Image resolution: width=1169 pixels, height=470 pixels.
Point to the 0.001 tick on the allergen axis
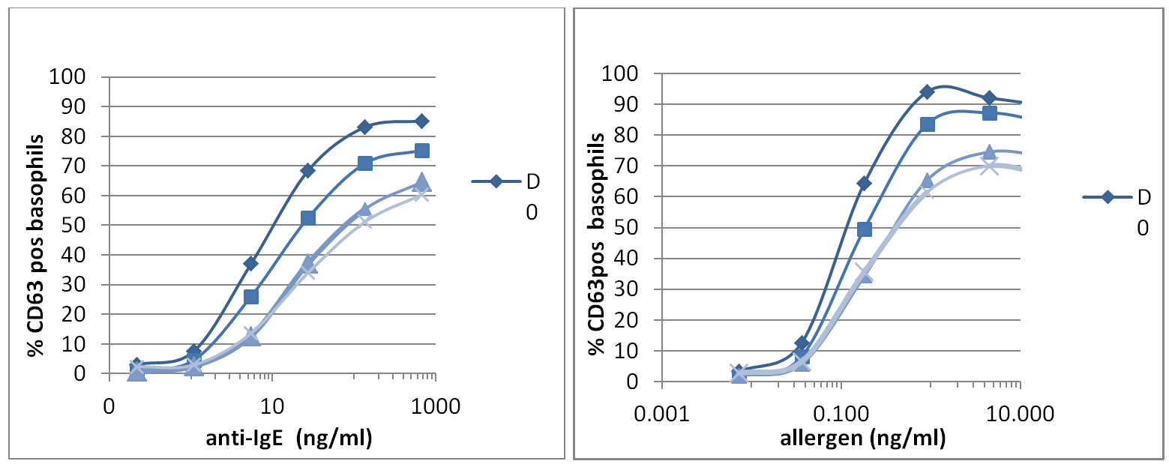pyautogui.click(x=661, y=412)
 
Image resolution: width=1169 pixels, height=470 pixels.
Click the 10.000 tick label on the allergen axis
pyautogui.click(x=1020, y=412)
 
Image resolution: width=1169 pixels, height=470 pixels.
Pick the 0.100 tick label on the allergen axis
pyautogui.click(x=841, y=412)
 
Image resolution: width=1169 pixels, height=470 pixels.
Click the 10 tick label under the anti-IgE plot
pyautogui.click(x=272, y=406)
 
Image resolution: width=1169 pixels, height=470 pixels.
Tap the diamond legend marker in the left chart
pyautogui.click(x=496, y=181)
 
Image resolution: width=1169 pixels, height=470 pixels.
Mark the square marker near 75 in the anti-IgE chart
pyautogui.click(x=422, y=151)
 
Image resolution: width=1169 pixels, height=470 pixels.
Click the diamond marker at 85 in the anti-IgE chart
pyautogui.click(x=422, y=121)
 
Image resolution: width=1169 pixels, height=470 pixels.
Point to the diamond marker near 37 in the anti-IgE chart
pyautogui.click(x=250, y=263)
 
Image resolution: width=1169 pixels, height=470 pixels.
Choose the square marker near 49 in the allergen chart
pyautogui.click(x=864, y=229)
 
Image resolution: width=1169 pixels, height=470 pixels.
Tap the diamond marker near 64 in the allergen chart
pyautogui.click(x=864, y=183)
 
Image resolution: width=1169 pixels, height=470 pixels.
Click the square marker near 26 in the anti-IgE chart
pyautogui.click(x=250, y=297)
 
